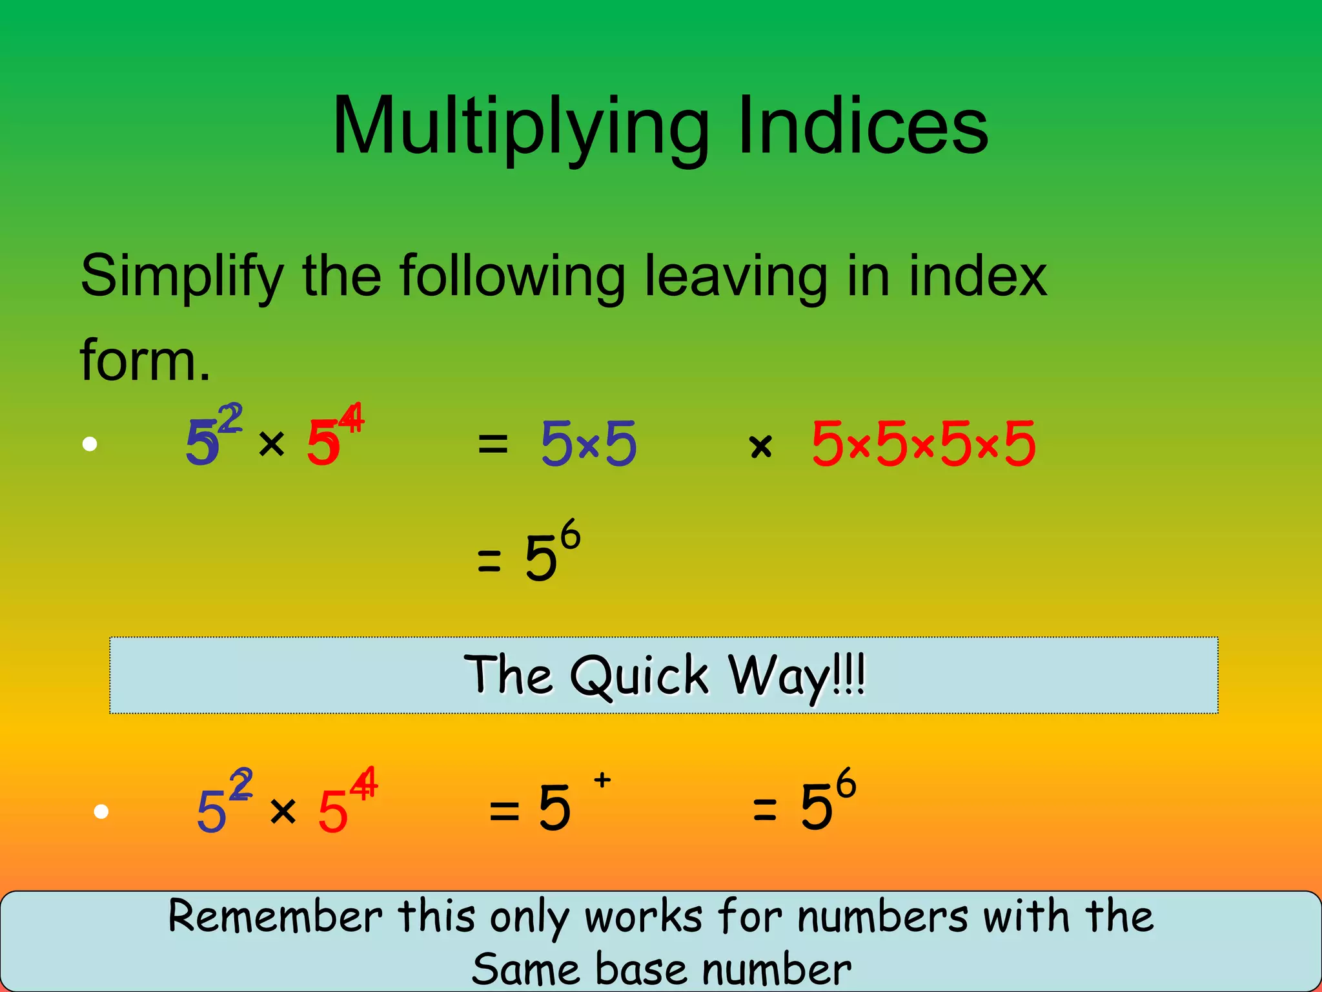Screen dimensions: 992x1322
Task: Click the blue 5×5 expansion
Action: pos(589,444)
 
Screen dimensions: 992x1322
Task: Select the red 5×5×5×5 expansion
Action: pos(924,444)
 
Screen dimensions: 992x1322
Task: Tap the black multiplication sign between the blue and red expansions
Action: pos(761,446)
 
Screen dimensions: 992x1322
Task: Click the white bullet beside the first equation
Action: pos(90,444)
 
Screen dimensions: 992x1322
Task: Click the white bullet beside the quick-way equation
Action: pos(101,811)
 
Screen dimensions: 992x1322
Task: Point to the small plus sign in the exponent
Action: pos(602,780)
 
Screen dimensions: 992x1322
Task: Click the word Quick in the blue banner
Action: pos(639,676)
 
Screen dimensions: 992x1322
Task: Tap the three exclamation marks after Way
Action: pos(849,674)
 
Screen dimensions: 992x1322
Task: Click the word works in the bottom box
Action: pos(643,916)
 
